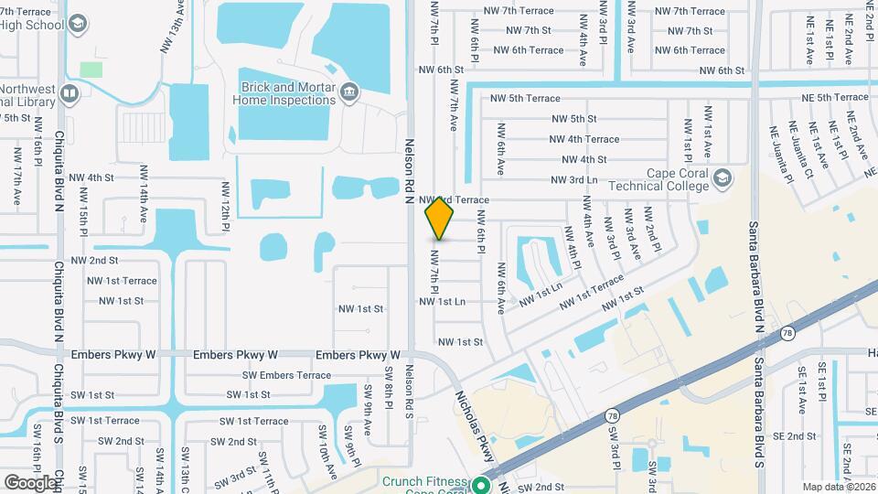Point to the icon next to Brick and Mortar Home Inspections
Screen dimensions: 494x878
pos(348,92)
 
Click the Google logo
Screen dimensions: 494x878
pos(30,482)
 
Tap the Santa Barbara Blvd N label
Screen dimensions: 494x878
pos(756,274)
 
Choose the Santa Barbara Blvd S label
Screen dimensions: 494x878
pos(758,422)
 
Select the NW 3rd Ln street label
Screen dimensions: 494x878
pos(574,180)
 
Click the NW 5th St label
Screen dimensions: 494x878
pos(573,119)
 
